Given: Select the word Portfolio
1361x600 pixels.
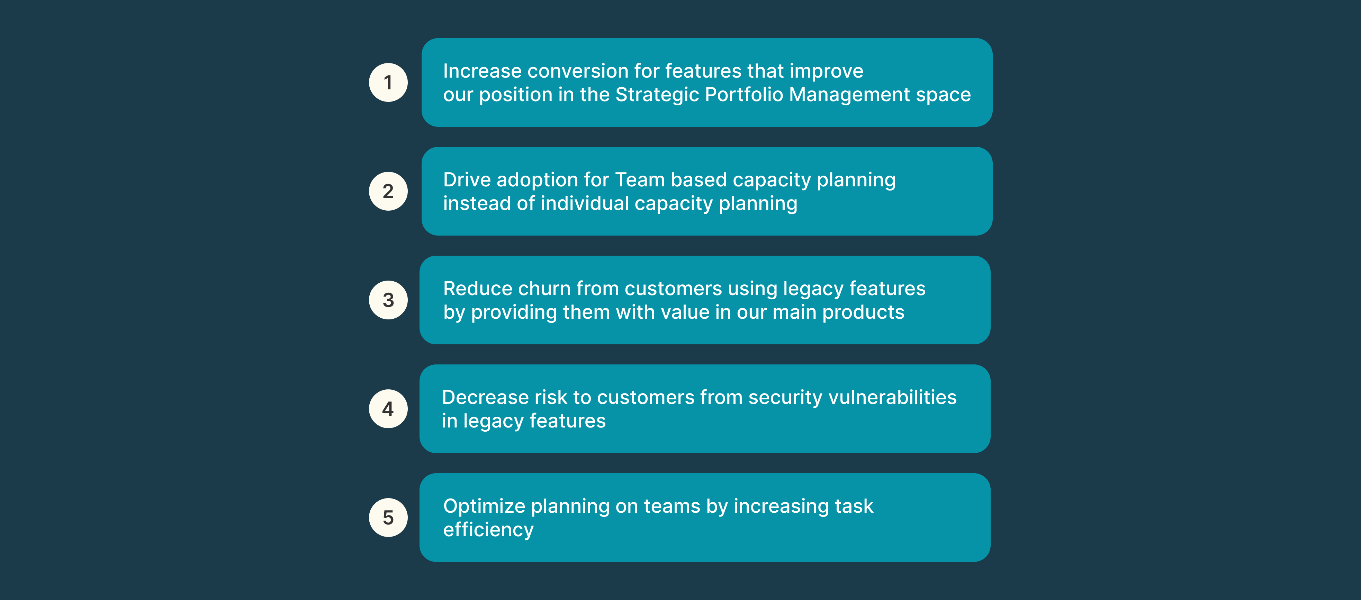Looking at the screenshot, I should [x=744, y=95].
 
